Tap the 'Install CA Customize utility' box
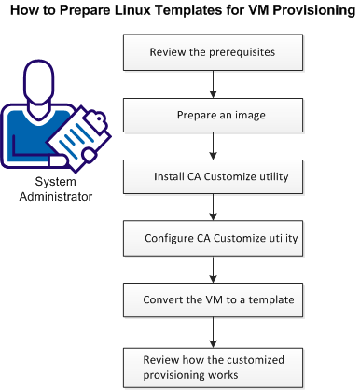[215, 176]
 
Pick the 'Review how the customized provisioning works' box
[215, 366]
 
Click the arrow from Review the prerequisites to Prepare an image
[215, 84]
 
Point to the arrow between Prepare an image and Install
[215, 146]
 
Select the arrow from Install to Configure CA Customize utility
[215, 207]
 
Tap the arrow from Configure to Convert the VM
[215, 269]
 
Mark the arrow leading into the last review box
[215, 331]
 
